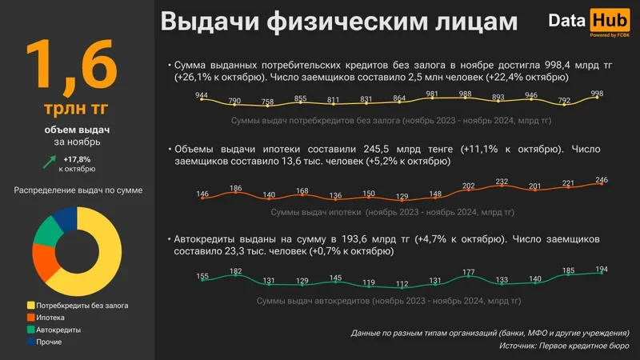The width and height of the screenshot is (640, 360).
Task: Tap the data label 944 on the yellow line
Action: pyautogui.click(x=202, y=95)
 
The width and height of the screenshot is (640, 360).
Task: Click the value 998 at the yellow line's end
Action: pyautogui.click(x=596, y=93)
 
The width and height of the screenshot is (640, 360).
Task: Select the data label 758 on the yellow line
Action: pyautogui.click(x=267, y=102)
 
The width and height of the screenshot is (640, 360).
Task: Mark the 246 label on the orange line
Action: pyautogui.click(x=602, y=180)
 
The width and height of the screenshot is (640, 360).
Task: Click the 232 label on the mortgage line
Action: pyautogui.click(x=502, y=182)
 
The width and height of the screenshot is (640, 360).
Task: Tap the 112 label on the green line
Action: pyautogui.click(x=402, y=283)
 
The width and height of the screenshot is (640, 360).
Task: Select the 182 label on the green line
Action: pyautogui.click(x=235, y=271)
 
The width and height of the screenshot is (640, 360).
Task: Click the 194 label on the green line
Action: pyautogui.click(x=601, y=269)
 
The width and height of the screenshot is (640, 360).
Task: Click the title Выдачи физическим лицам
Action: pyautogui.click(x=339, y=22)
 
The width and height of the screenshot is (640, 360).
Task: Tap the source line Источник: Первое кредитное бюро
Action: pyautogui.click(x=565, y=346)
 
